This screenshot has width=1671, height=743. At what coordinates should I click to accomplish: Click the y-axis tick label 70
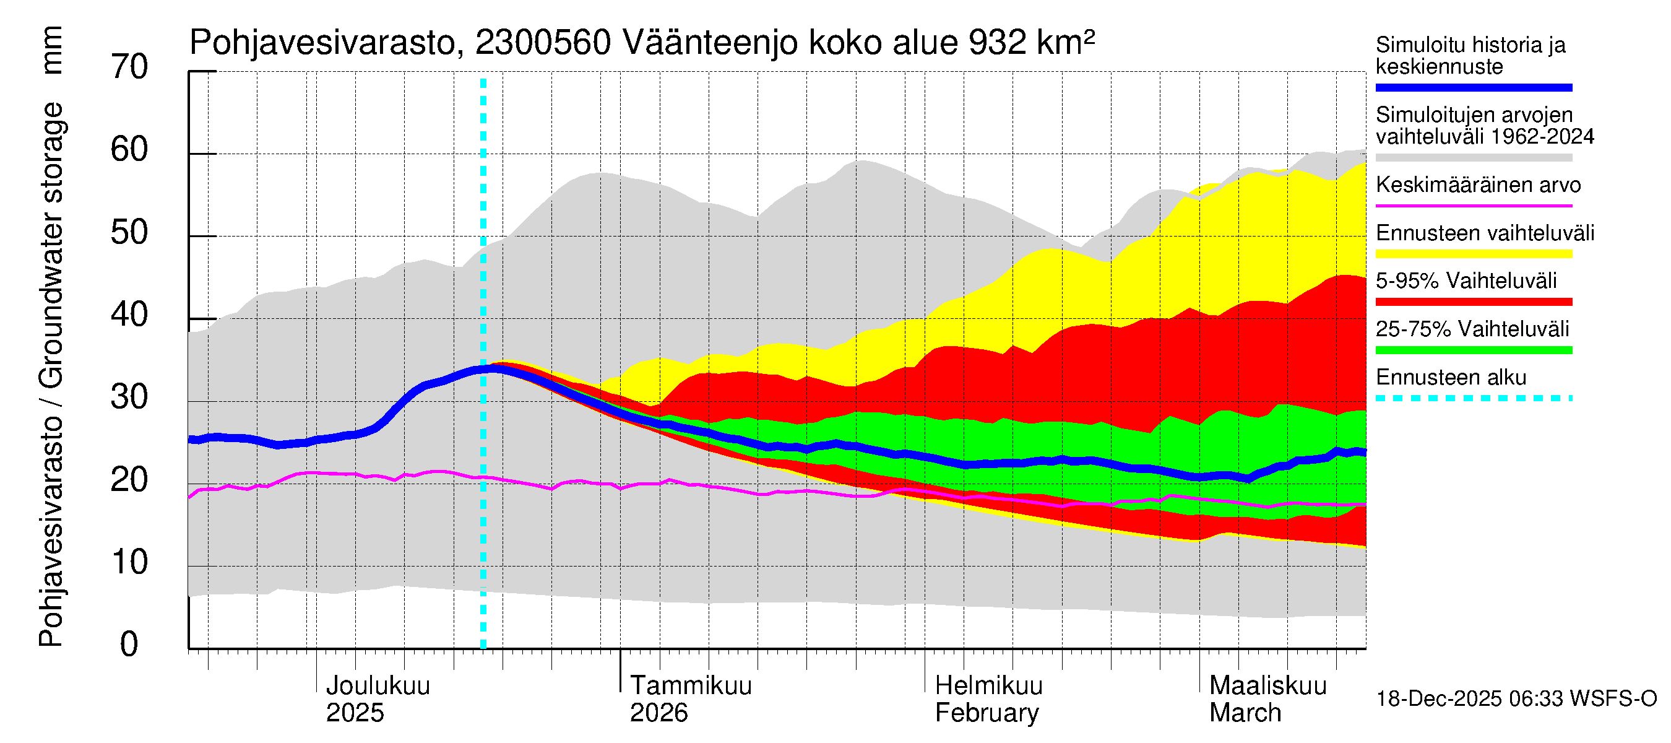[129, 67]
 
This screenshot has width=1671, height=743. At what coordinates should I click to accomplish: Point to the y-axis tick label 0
[129, 645]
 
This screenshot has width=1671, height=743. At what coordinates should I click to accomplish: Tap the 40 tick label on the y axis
[129, 315]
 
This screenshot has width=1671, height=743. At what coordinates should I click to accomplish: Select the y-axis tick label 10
[129, 563]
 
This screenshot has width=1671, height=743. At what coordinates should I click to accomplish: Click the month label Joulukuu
[378, 686]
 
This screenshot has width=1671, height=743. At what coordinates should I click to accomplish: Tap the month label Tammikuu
[690, 686]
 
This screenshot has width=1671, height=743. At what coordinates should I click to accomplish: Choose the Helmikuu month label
[988, 686]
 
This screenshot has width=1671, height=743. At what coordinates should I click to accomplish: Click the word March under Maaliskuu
[1245, 713]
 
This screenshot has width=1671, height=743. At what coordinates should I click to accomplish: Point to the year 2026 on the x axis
[658, 713]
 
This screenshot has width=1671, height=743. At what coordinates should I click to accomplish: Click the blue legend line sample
[1473, 87]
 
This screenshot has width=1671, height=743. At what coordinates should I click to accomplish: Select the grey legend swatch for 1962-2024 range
[1473, 158]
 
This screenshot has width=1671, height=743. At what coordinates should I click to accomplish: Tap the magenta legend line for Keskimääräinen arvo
[1473, 206]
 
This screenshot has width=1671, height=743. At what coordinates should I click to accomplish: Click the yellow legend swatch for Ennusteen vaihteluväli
[1473, 254]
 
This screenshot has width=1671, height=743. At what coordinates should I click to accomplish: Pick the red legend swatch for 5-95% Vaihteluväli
[1473, 302]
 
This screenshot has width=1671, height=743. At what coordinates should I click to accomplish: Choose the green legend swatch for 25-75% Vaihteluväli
[1473, 350]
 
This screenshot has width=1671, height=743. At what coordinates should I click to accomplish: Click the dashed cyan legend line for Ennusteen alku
[1473, 398]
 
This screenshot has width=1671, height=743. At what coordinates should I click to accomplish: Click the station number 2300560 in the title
[543, 43]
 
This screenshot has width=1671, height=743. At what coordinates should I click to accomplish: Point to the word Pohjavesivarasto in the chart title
[322, 43]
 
